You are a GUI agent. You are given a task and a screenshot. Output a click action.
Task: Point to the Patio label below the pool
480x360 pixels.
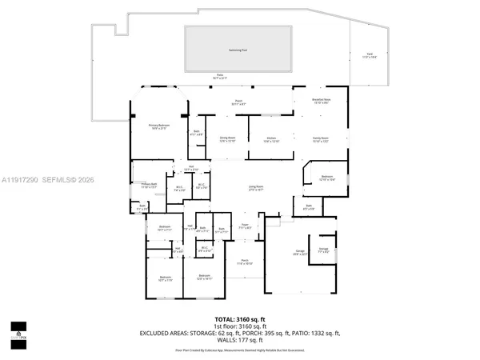pyautogui.click(x=219, y=76)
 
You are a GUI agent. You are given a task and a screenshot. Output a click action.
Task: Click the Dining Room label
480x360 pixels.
pyautogui.click(x=228, y=138)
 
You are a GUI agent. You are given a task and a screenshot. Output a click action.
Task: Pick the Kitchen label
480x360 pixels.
pyautogui.click(x=272, y=138)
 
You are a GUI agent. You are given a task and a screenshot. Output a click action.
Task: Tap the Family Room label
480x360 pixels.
pyautogui.click(x=320, y=138)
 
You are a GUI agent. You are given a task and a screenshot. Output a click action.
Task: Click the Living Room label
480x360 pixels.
pyautogui.click(x=256, y=186)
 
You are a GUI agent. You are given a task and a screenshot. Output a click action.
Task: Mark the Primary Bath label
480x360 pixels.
pyautogui.click(x=149, y=185)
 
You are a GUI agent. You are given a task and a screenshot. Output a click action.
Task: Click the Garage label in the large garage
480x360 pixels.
pyautogui.click(x=299, y=250)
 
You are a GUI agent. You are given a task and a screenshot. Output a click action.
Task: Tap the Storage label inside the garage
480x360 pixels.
pyautogui.click(x=323, y=249)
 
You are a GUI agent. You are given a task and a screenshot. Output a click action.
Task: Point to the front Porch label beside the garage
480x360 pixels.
pyautogui.click(x=242, y=261)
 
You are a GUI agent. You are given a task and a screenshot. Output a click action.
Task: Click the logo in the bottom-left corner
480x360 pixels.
pyautogui.click(x=18, y=330)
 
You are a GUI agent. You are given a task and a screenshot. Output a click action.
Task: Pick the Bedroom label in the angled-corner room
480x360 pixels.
pyautogui.click(x=326, y=177)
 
